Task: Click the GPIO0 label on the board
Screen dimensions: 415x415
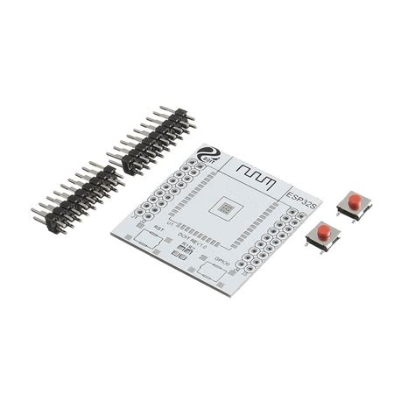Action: pyautogui.click(x=225, y=262)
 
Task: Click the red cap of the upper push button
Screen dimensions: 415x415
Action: pyautogui.click(x=355, y=200)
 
